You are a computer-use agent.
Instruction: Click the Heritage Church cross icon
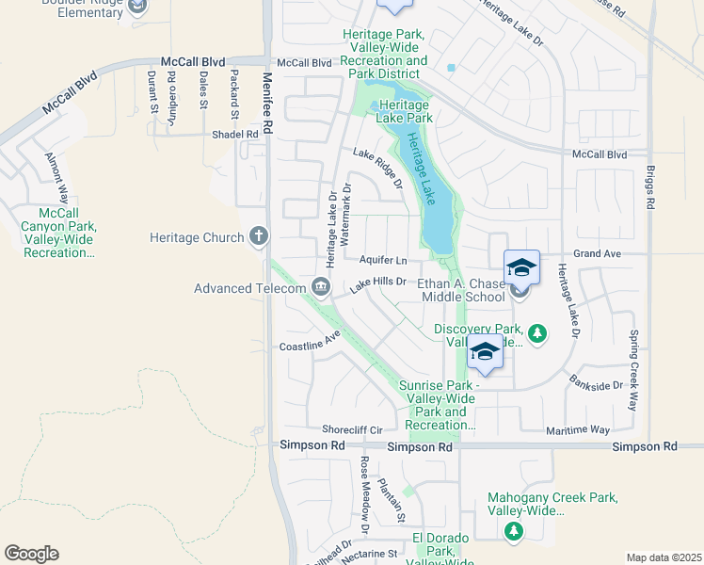(x=259, y=237)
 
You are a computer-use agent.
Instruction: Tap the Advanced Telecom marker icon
(x=321, y=288)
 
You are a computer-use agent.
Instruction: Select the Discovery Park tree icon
(x=536, y=333)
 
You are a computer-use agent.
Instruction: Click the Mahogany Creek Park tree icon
(x=513, y=532)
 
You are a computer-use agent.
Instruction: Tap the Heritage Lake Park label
(x=405, y=112)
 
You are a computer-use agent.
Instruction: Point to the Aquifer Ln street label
(x=383, y=260)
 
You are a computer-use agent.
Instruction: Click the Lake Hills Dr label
(x=377, y=282)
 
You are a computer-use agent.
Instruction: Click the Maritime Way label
(x=578, y=430)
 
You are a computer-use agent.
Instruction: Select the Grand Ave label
(x=598, y=254)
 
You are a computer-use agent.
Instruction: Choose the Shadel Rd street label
(x=234, y=135)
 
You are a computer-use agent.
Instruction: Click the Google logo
(x=31, y=554)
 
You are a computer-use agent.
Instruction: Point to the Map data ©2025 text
(x=663, y=557)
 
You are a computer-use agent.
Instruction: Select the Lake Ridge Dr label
(x=377, y=169)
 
